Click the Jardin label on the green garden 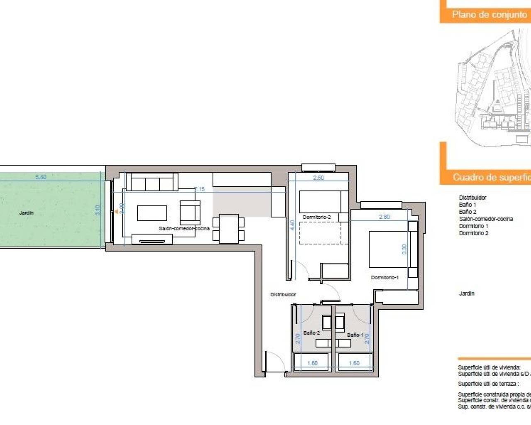click(x=26, y=213)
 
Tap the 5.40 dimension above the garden click(x=41, y=177)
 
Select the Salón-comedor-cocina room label click(x=184, y=228)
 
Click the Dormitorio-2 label click(x=317, y=217)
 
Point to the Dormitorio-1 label click(x=385, y=277)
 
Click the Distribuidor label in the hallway click(x=283, y=294)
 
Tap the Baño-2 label click(x=312, y=333)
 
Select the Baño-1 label click(x=355, y=335)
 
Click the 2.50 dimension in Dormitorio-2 click(x=319, y=178)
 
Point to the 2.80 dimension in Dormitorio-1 click(x=384, y=217)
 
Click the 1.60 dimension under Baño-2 click(x=312, y=363)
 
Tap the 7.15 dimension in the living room click(x=200, y=189)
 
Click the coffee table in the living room click(x=152, y=213)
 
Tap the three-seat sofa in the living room click(x=152, y=182)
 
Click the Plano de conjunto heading click(x=489, y=15)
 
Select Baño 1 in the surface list click(x=468, y=205)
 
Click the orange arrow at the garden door click(x=117, y=211)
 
